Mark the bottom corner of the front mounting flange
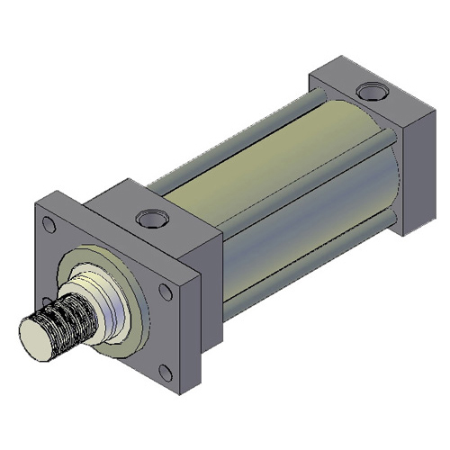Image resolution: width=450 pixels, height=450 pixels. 175,396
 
